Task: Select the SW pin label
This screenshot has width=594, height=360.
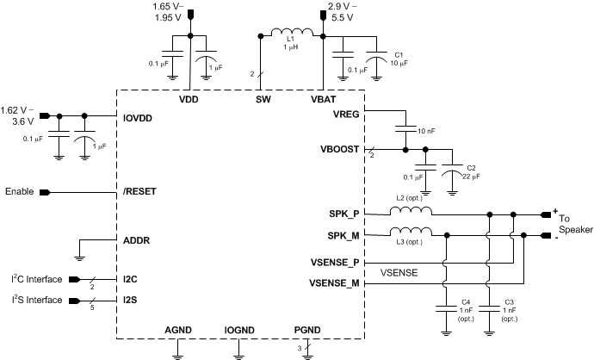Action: [x=263, y=99]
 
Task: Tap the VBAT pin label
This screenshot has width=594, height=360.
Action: [x=324, y=99]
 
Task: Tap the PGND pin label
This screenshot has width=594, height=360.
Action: [x=307, y=331]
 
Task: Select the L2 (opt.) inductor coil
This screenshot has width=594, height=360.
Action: [x=412, y=211]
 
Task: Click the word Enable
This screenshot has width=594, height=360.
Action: [x=20, y=192]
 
